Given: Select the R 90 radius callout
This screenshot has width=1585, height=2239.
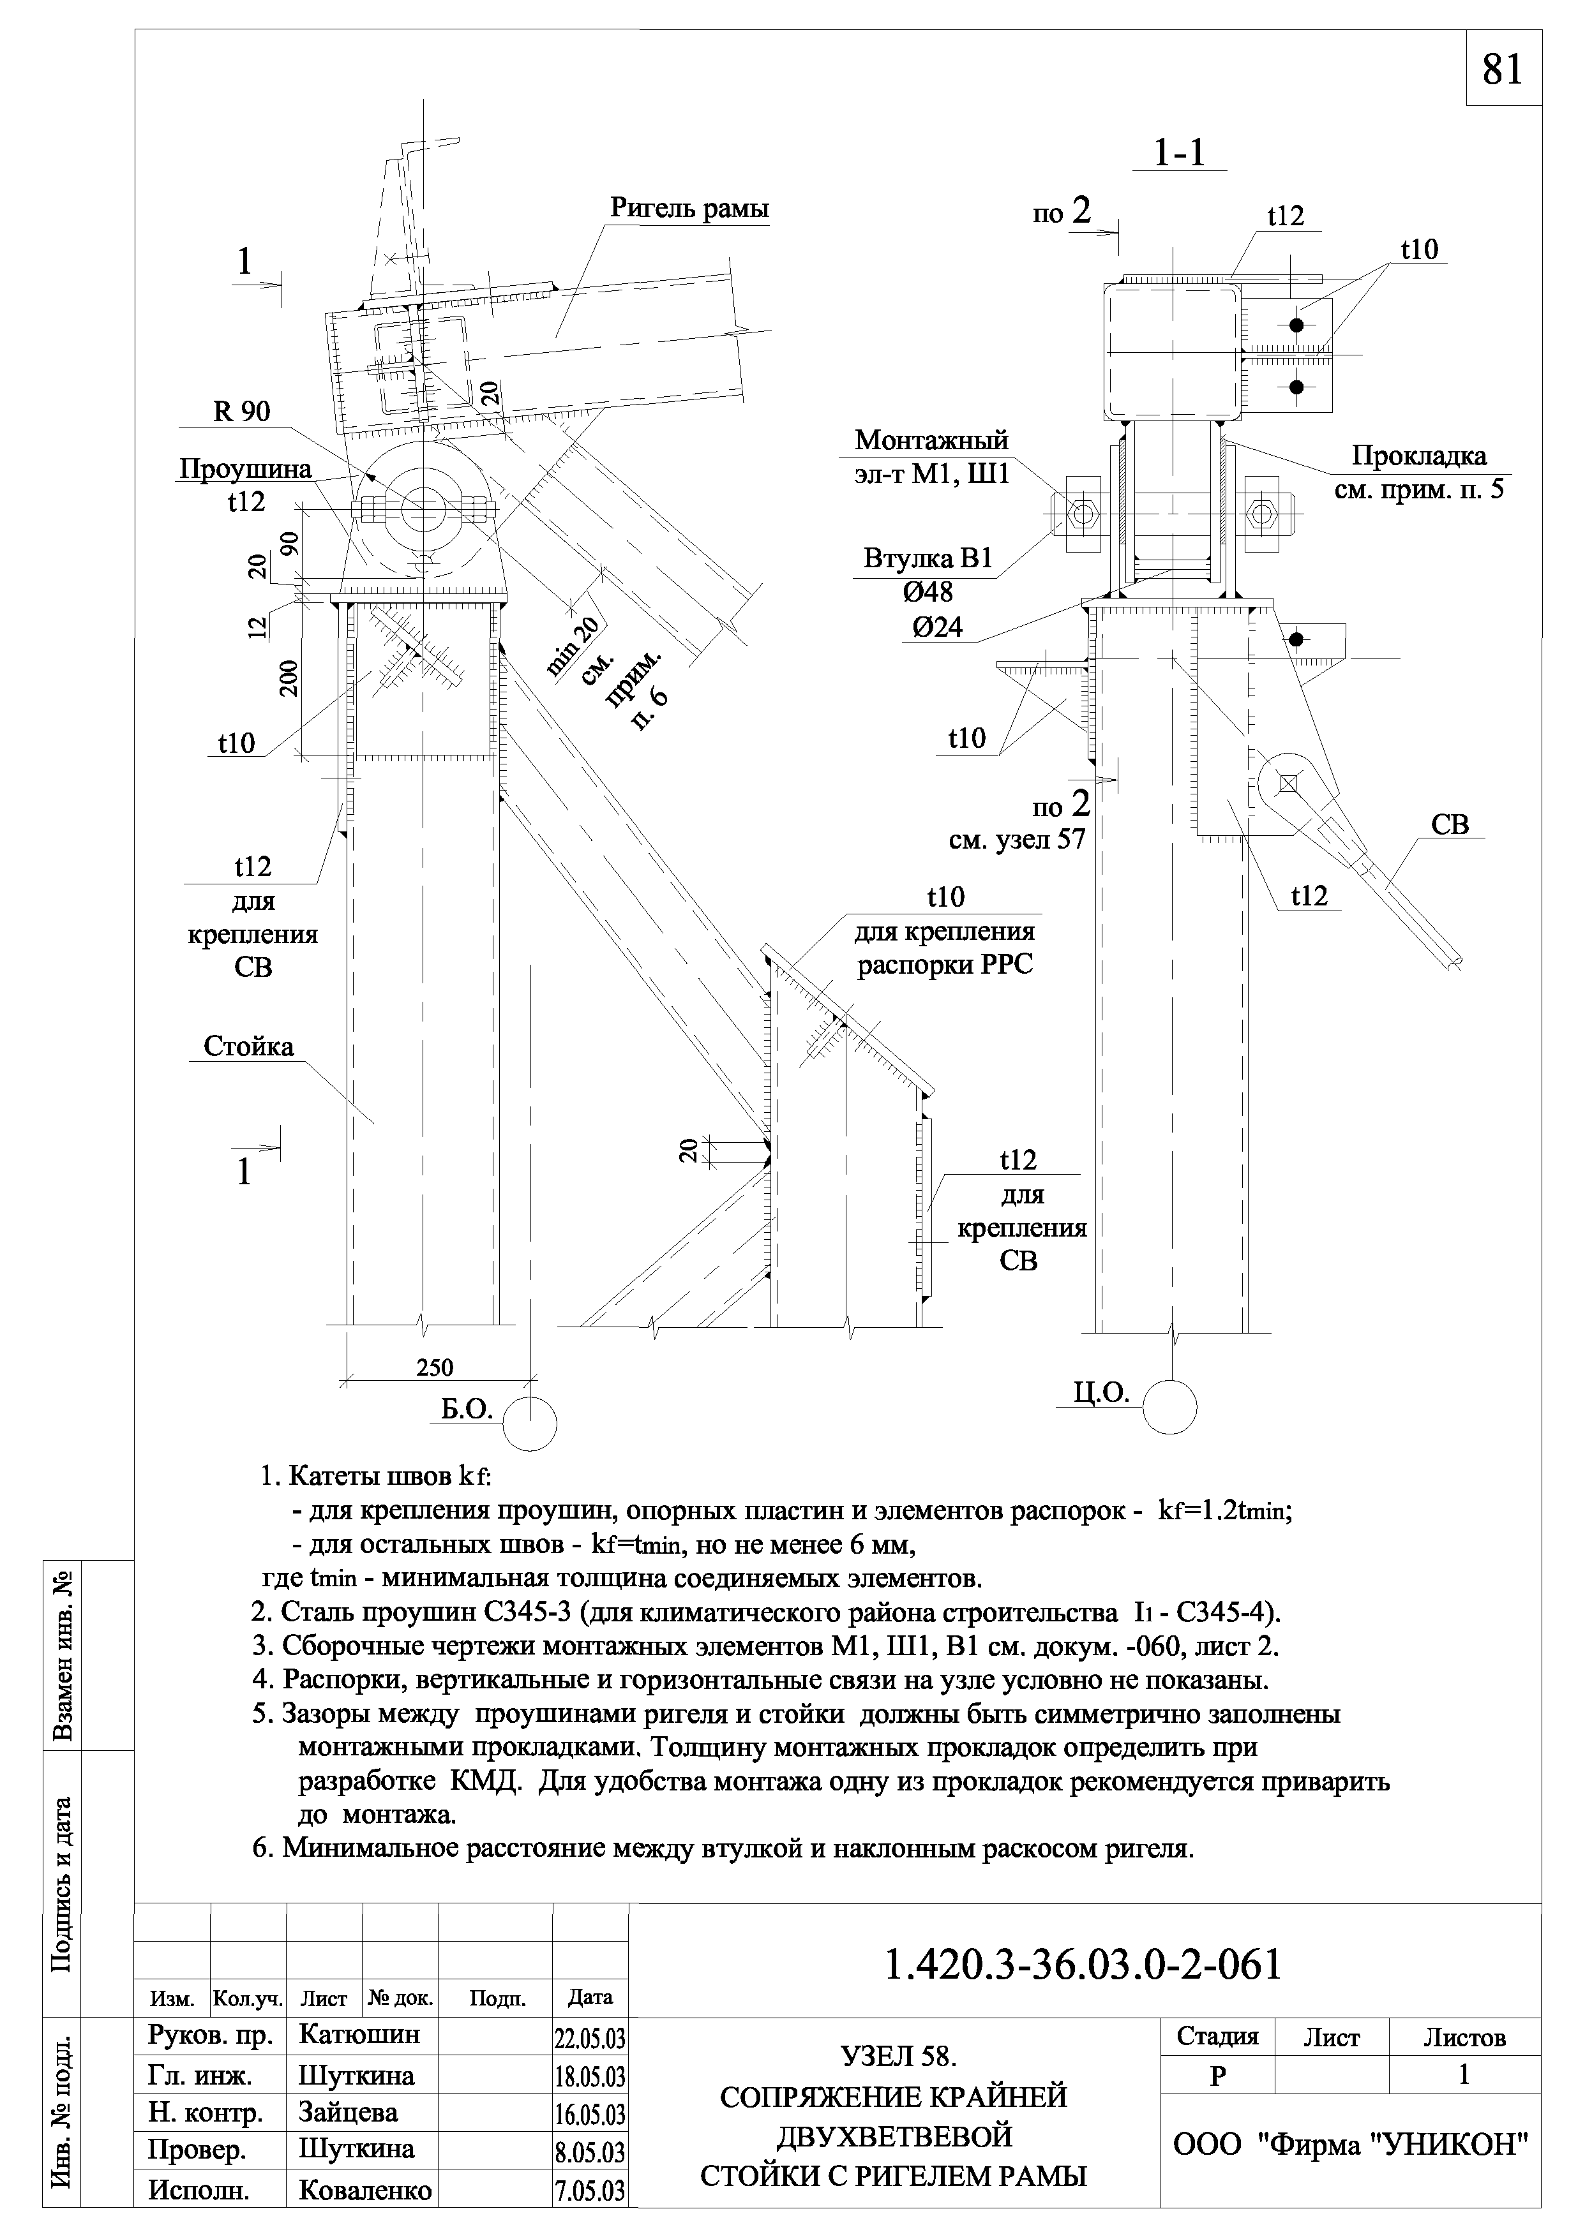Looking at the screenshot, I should coord(242,412).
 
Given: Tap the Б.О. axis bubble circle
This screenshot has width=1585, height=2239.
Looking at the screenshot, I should coord(530,1424).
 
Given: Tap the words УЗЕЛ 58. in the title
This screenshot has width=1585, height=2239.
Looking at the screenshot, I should coord(899,2057).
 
